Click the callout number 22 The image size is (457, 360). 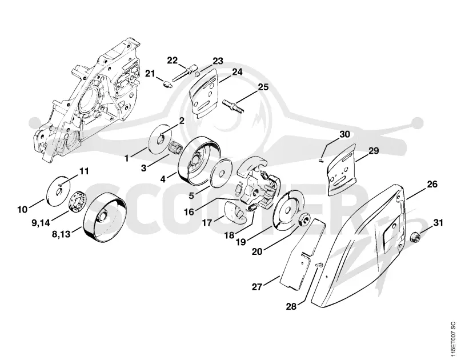click(173, 61)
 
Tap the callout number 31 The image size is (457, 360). click(438, 223)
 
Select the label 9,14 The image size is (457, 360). click(41, 223)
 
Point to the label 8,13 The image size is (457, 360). click(61, 234)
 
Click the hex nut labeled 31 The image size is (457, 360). click(415, 237)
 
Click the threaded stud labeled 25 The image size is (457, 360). click(233, 106)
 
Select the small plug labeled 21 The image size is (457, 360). click(167, 84)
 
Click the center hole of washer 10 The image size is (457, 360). click(59, 191)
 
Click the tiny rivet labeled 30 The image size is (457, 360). click(320, 159)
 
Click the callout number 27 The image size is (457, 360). click(257, 287)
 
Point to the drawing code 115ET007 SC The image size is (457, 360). click(452, 339)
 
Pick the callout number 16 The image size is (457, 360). click(189, 212)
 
